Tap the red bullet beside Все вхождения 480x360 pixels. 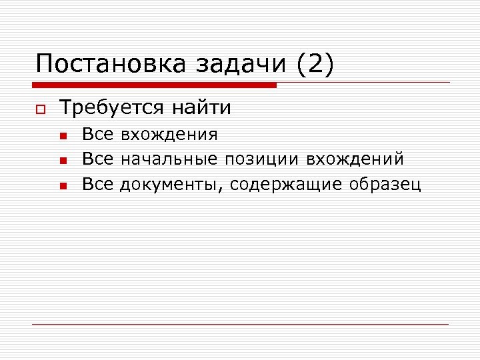(x=62, y=136)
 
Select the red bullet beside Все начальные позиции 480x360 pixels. (x=62, y=161)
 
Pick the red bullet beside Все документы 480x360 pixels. (x=62, y=185)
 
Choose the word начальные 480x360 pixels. (x=168, y=159)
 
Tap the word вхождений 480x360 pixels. (x=355, y=159)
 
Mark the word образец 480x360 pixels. (x=385, y=185)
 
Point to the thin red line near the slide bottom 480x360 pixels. (x=240, y=324)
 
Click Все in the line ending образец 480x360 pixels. (x=97, y=184)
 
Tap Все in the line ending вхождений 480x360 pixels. (x=97, y=159)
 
